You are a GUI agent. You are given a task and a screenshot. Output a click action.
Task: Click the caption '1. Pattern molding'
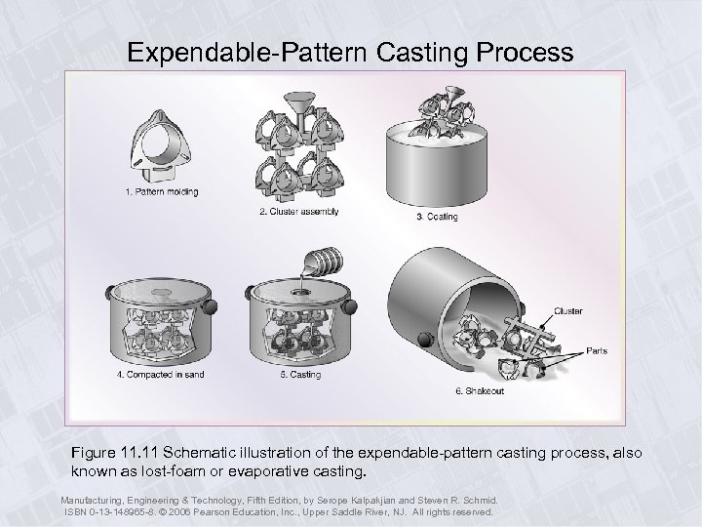coord(161,192)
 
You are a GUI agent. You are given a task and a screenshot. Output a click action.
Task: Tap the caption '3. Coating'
coord(437,216)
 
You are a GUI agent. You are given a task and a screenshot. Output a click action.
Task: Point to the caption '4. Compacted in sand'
coord(161,375)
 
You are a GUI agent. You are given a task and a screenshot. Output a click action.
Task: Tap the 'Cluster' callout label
coord(568,311)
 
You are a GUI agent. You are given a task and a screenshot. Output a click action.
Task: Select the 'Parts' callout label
coord(597,350)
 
